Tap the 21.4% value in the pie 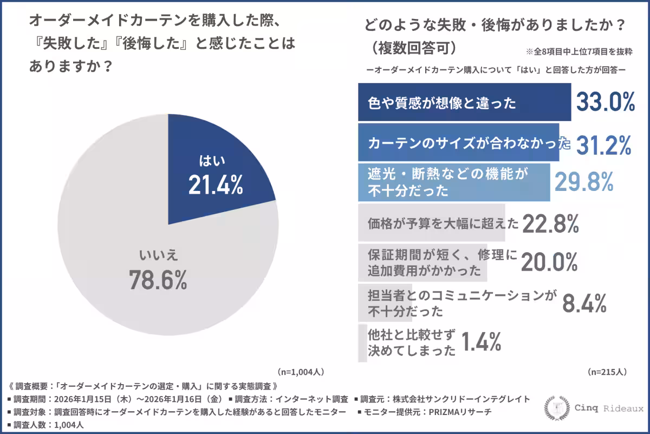216,186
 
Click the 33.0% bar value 605,103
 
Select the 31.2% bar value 603,144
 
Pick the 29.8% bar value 583,182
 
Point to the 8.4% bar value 584,304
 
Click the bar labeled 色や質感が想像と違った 464,103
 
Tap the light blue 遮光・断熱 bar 454,182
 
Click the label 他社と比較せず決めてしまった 411,342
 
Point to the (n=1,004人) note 301,372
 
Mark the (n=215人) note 607,372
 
